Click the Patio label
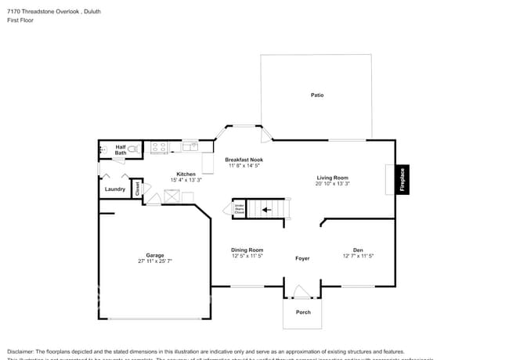317,95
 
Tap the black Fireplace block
403,179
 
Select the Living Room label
332,178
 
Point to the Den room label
358,250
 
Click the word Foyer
302,258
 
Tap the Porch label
303,312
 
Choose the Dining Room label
247,250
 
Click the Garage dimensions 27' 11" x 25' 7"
155,261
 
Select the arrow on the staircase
267,209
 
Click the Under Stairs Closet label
240,209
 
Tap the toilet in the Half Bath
134,148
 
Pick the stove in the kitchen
159,146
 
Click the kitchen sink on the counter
190,146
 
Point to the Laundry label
114,189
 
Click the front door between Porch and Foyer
302,293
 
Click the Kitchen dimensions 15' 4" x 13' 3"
186,180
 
